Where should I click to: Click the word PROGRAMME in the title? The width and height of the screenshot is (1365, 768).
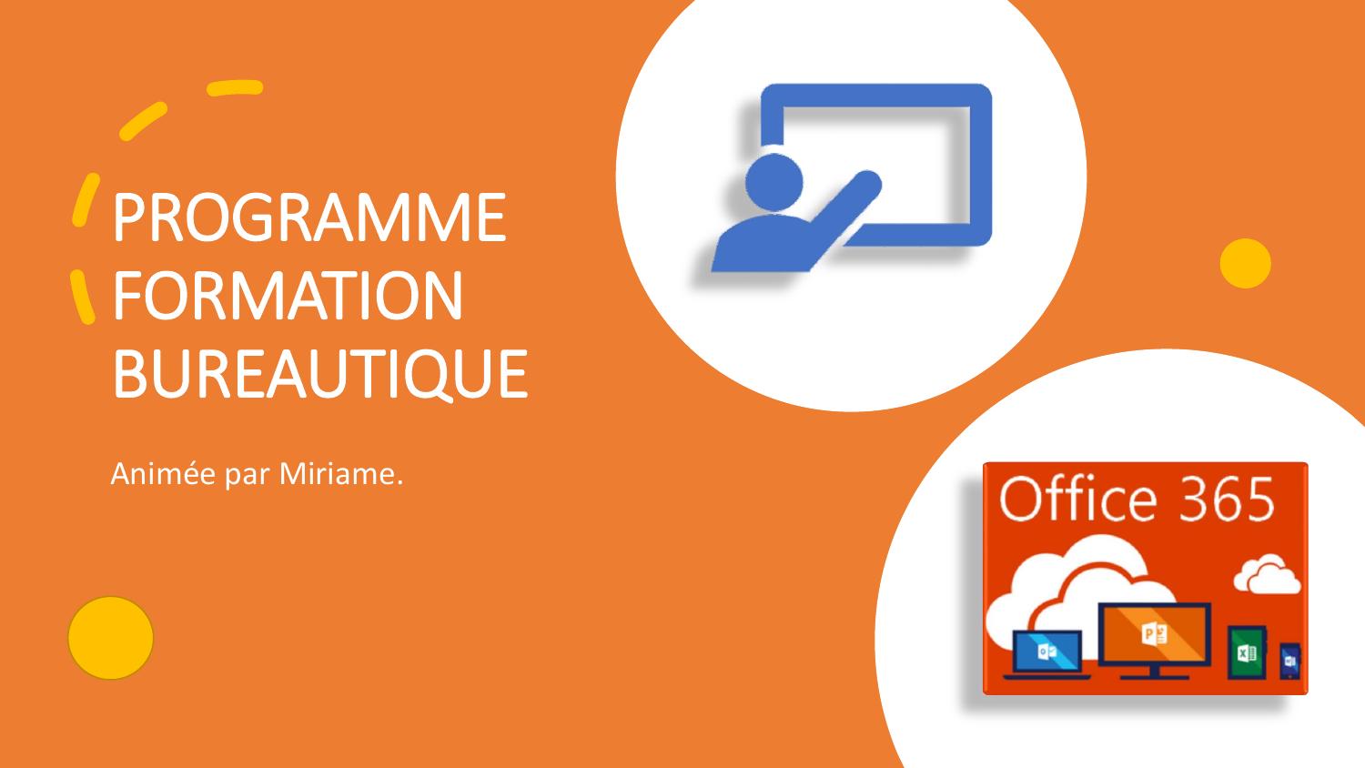[x=308, y=218]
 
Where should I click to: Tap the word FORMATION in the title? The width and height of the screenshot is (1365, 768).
[x=288, y=296]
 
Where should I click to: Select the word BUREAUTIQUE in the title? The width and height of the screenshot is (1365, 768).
[x=319, y=373]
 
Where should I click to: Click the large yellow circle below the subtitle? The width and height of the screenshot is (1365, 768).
[x=111, y=638]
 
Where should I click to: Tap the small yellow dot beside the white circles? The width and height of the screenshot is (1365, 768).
[x=1245, y=264]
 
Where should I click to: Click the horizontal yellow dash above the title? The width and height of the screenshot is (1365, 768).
[x=235, y=88]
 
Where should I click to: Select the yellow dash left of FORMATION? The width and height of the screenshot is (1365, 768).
[x=83, y=297]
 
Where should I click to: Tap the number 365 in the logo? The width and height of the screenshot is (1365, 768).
[x=1229, y=500]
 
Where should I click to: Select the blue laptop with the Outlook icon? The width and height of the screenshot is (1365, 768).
[x=1046, y=652]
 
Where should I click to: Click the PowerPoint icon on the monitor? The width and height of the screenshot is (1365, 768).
[x=1154, y=634]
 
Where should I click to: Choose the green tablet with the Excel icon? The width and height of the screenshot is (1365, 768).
[x=1245, y=652]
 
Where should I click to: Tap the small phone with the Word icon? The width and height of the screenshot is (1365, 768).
[x=1289, y=661]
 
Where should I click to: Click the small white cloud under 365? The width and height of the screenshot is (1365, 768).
[x=1266, y=576]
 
